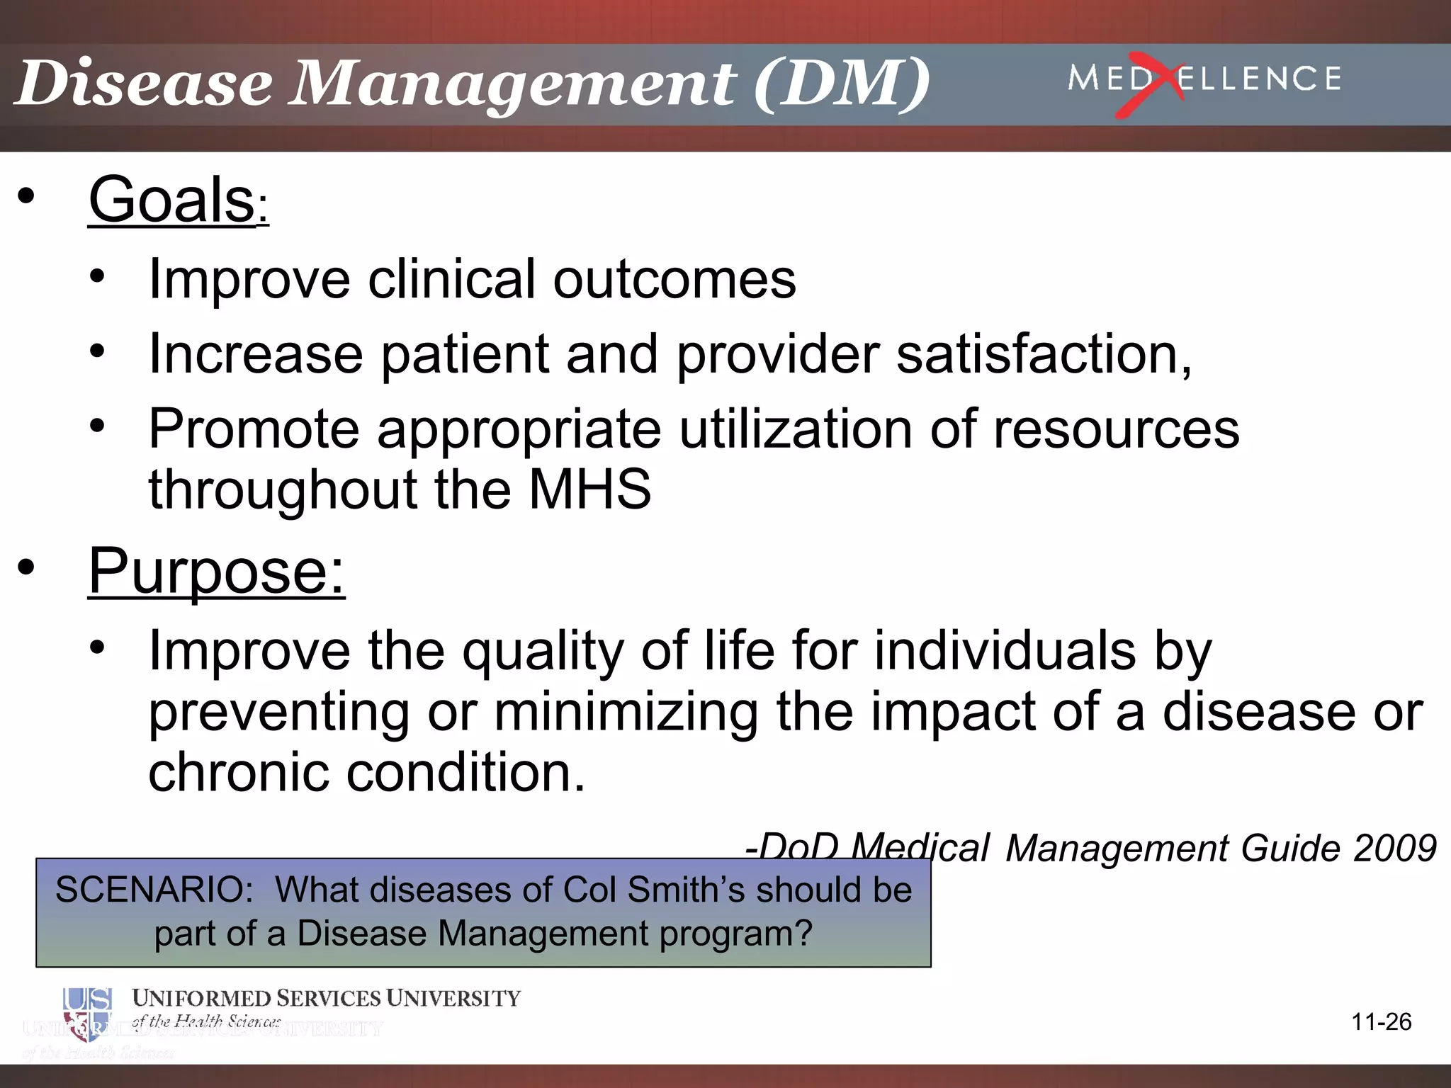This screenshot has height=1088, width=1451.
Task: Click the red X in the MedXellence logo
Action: (1149, 85)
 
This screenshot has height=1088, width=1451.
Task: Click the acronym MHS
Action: (590, 489)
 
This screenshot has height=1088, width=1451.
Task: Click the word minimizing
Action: (626, 711)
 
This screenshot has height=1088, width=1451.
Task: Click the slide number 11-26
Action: (1381, 1022)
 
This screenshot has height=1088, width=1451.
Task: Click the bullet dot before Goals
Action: (26, 198)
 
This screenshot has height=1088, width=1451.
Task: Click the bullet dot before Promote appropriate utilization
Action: (97, 426)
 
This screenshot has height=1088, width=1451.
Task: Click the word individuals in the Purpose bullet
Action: (1005, 650)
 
